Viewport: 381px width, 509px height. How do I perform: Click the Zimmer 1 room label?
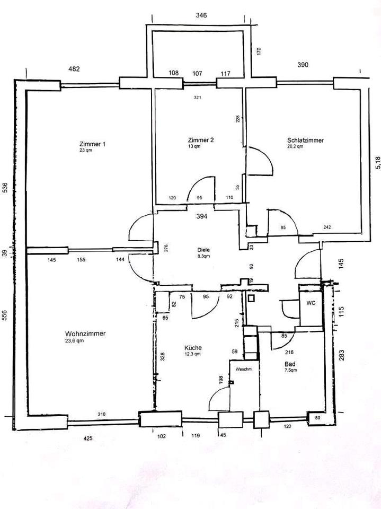coord(92,144)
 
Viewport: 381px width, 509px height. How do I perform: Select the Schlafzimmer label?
coord(305,140)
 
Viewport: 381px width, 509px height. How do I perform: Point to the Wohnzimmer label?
coord(85,334)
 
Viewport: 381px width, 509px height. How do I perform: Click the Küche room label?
coord(193,348)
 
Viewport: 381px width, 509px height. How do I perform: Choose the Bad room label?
coord(289,364)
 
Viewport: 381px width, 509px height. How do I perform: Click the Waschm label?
coord(243,369)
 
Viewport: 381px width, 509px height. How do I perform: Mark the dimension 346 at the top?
coord(201,15)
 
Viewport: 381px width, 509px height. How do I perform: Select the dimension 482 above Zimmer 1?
coord(74,68)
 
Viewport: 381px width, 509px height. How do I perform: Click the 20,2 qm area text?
coord(295,147)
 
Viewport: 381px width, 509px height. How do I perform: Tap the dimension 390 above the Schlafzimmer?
coord(302,65)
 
